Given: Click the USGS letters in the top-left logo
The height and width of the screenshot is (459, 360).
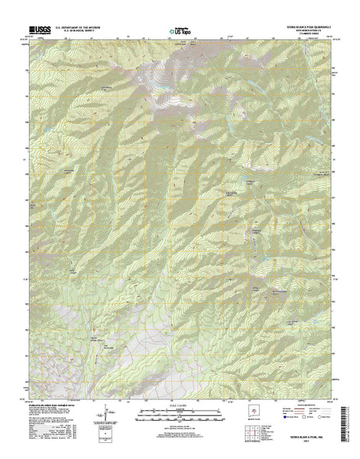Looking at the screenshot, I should click(x=40, y=30).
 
